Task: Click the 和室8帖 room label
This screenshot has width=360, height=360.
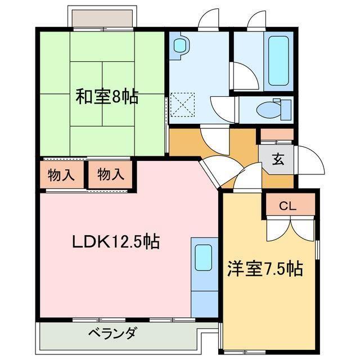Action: [x=107, y=97]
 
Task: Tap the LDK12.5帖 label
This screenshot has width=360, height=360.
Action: [x=115, y=242]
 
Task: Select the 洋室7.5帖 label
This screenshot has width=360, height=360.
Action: [x=265, y=268]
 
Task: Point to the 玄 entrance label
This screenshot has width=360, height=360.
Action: [x=278, y=159]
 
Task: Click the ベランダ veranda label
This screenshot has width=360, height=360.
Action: [x=111, y=333]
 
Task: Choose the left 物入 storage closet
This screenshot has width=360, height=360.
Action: [x=61, y=174]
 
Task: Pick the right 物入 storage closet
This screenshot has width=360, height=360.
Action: [x=110, y=174]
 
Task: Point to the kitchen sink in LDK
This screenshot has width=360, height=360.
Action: [x=203, y=259]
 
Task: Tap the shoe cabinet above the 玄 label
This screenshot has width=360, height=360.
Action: [x=276, y=135]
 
